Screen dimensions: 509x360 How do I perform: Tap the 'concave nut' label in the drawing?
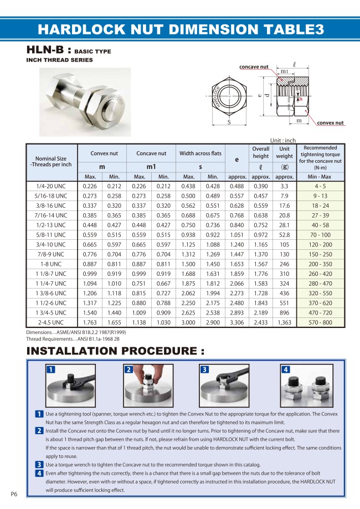254,67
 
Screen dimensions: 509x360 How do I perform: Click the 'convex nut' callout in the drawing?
330,122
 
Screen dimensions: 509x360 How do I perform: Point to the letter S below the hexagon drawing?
228,122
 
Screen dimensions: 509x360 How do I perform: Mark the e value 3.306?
236,322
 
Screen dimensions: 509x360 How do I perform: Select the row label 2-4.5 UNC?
50,322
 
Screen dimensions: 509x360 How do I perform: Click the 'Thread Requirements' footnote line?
65,338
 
